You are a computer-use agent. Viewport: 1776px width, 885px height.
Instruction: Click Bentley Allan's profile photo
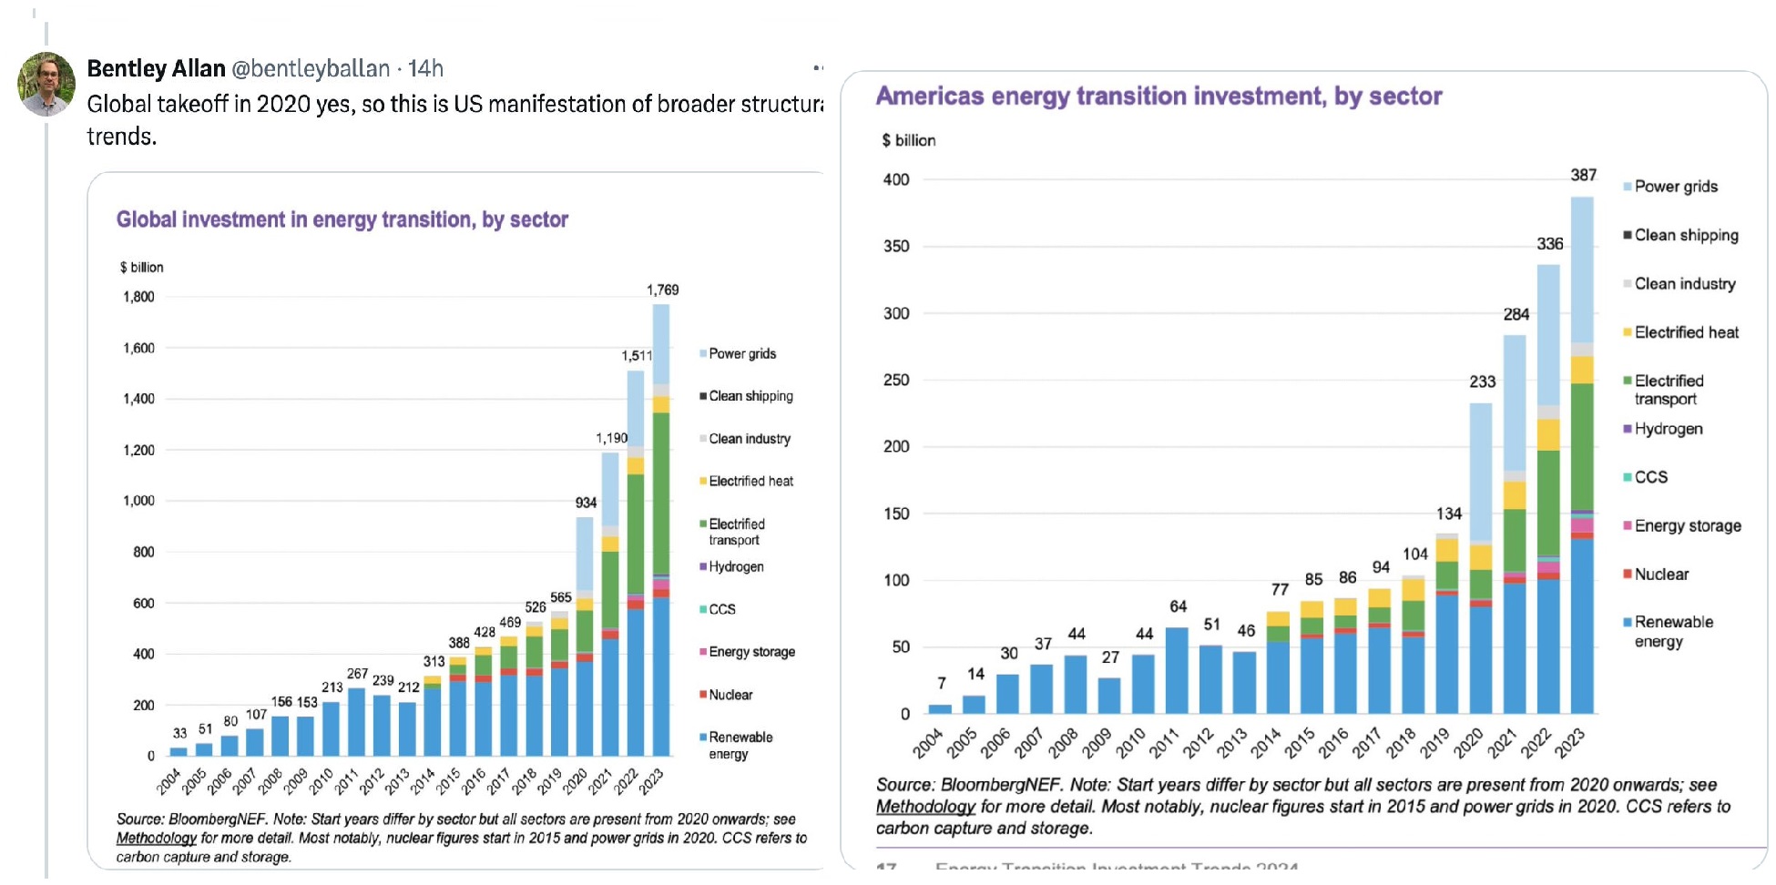pos(46,84)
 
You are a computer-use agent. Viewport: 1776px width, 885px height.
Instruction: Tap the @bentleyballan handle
pos(311,68)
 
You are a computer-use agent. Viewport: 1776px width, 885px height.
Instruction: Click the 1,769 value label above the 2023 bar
pos(662,290)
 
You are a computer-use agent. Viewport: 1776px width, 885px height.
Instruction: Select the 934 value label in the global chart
pos(586,503)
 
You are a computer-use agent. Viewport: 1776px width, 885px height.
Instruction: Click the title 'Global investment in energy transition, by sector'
pos(342,219)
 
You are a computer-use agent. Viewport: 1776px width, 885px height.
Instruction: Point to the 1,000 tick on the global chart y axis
pos(138,501)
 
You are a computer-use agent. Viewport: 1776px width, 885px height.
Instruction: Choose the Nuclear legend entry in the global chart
pos(730,695)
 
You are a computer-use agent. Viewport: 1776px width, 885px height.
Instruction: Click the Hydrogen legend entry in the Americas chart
pos(1668,429)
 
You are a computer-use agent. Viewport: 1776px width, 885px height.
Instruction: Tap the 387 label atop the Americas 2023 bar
pos(1583,175)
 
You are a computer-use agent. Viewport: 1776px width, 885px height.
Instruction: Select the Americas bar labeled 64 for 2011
pos(1177,669)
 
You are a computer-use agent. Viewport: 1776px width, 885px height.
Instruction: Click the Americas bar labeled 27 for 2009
pos(1109,695)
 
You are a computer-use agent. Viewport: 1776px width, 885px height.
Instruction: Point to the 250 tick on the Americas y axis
pos(896,380)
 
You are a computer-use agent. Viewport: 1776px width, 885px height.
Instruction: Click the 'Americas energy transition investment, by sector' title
pos(1158,97)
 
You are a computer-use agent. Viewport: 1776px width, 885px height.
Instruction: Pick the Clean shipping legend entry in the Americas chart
pos(1686,235)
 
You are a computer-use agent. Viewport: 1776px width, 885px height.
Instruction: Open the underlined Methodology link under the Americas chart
pos(925,807)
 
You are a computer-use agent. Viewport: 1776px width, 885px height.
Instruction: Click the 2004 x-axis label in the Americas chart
pos(928,744)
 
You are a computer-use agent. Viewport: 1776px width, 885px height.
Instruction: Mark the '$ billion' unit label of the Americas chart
pos(908,140)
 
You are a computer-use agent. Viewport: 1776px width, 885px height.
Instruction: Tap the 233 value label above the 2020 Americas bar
pos(1482,381)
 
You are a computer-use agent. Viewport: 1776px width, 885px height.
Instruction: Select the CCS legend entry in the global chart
pos(721,609)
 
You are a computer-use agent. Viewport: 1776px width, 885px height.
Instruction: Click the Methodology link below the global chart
pos(156,838)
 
